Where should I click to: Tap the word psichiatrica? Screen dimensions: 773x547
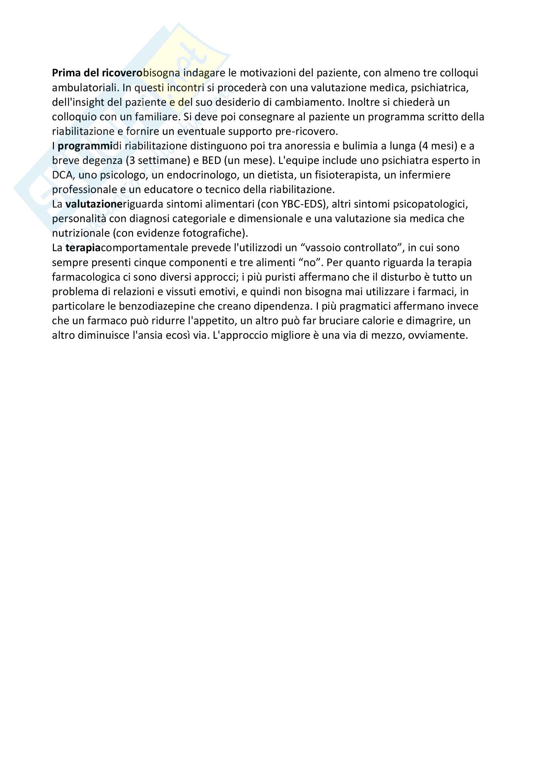coord(439,88)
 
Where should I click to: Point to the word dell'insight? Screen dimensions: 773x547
coord(78,102)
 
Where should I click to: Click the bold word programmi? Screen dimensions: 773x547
coord(85,146)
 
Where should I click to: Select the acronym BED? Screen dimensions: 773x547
coord(211,160)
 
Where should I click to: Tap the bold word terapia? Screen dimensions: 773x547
coord(83,248)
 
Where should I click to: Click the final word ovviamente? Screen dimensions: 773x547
coord(438,335)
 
